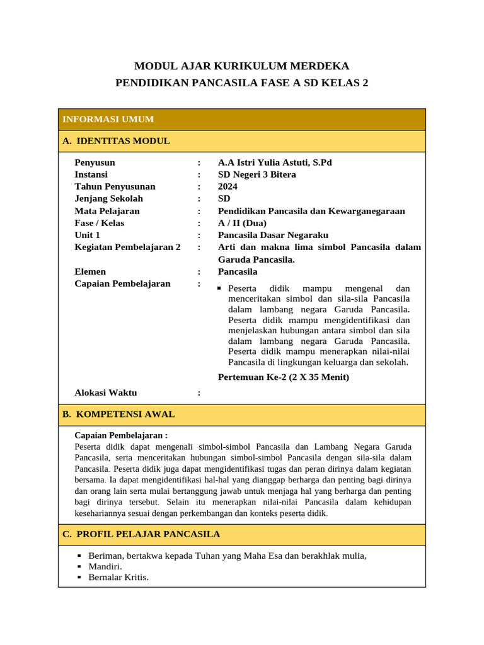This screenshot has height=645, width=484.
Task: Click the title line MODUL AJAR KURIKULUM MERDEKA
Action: click(242, 66)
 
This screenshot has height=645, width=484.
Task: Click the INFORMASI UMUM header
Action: click(108, 120)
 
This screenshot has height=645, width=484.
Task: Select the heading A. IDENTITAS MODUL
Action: click(116, 141)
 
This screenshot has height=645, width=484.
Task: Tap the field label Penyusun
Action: click(95, 163)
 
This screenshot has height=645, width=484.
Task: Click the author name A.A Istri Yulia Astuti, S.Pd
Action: click(275, 163)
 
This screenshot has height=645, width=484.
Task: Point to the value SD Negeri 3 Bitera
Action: click(256, 174)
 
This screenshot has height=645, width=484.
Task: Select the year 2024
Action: click(228, 186)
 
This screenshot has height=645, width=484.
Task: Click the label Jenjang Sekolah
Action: click(108, 198)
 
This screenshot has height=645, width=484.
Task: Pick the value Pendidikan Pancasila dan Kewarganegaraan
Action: click(311, 211)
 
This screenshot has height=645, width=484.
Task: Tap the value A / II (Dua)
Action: click(242, 223)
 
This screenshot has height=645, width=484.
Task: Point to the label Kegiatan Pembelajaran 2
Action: click(127, 247)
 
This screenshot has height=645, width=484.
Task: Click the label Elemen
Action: click(90, 271)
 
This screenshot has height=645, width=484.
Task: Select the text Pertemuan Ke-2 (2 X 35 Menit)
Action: click(283, 377)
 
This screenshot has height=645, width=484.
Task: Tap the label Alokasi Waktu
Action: click(105, 393)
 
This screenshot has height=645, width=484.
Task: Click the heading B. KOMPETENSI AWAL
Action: click(118, 414)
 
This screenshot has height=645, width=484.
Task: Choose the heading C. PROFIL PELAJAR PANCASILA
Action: click(141, 534)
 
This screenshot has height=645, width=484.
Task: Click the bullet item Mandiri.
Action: click(105, 566)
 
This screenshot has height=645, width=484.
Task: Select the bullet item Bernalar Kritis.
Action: click(118, 577)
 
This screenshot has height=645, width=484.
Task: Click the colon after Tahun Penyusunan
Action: click(199, 186)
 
